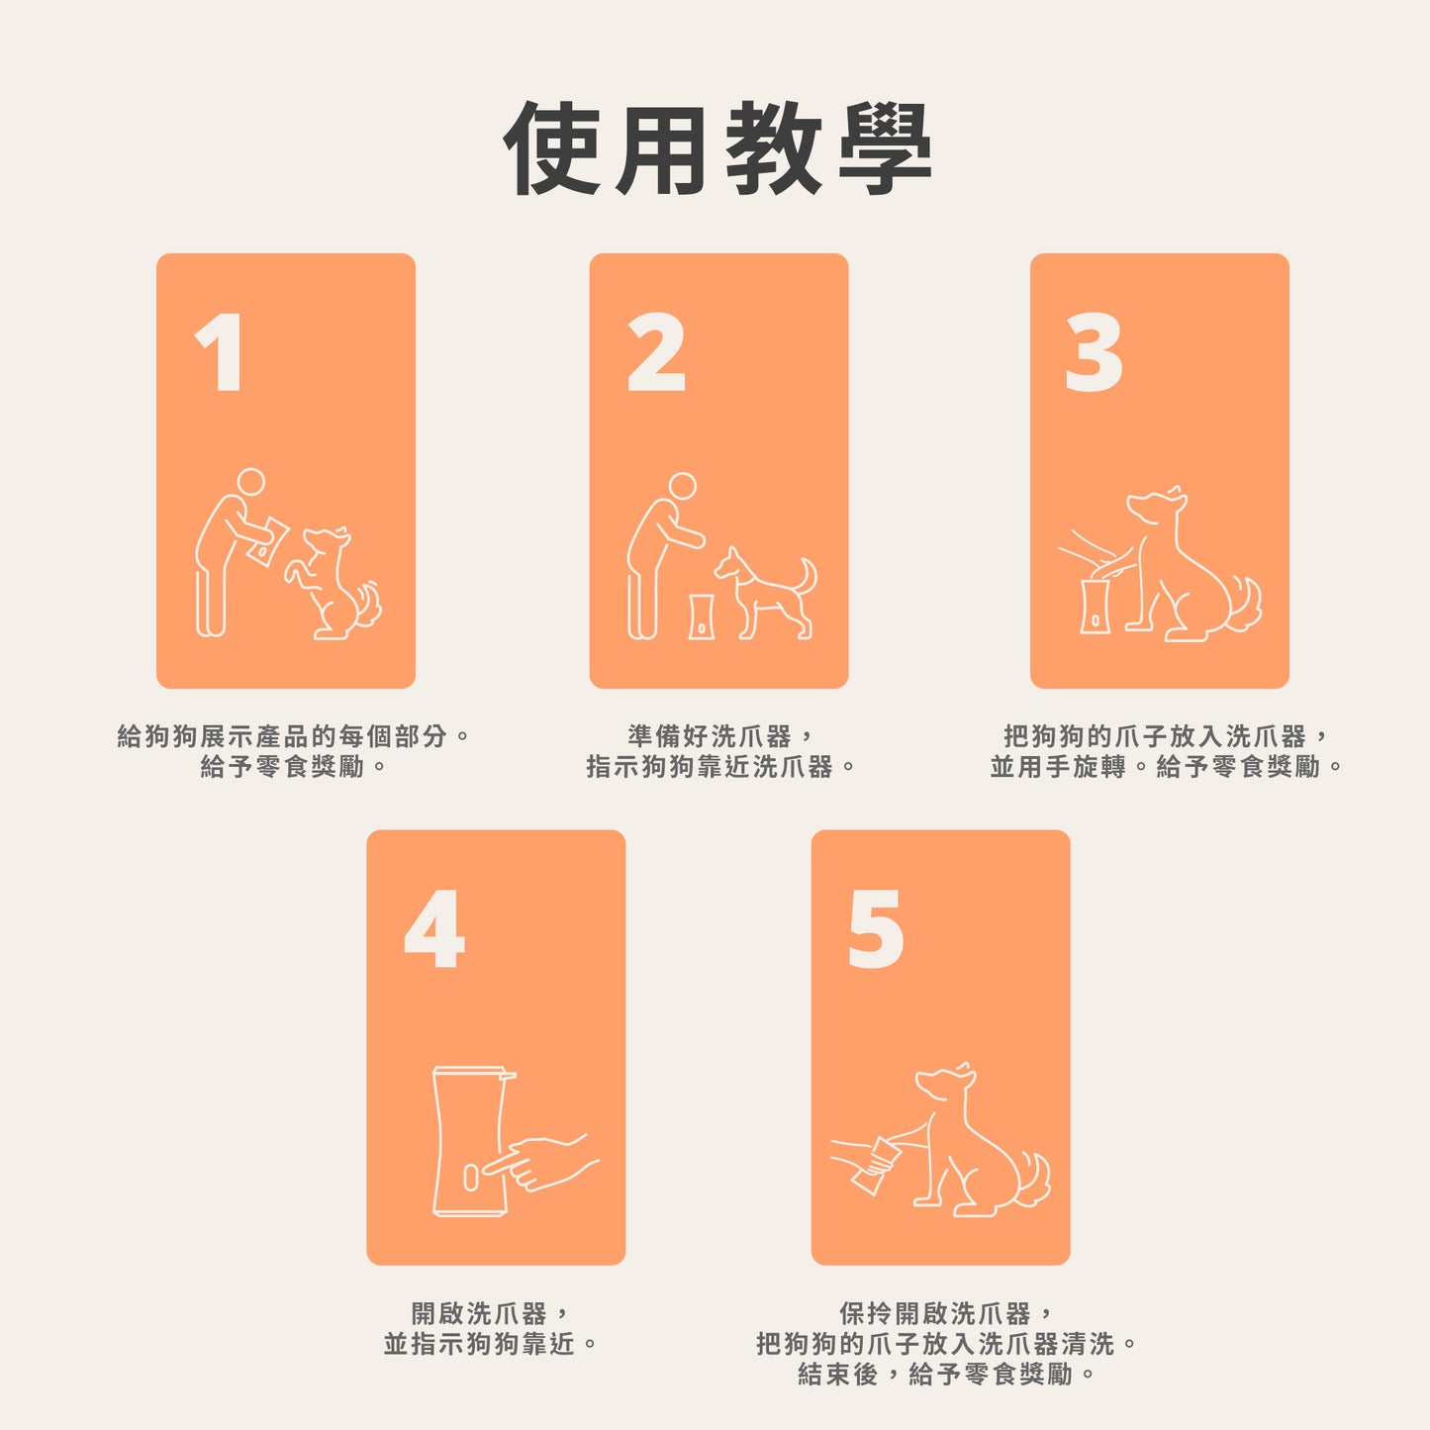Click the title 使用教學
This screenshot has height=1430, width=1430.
point(716,149)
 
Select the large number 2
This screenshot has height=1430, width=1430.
point(656,352)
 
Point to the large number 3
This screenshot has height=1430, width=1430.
point(1094,352)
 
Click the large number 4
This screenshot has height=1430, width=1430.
point(434,929)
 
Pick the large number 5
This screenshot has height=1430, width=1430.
point(876,929)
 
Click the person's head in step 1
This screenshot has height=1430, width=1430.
point(251,482)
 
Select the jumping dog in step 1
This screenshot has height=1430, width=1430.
point(332,584)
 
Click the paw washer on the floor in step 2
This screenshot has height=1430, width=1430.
point(702,617)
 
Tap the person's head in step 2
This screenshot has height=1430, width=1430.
point(682,486)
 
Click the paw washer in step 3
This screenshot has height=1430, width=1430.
point(1095,606)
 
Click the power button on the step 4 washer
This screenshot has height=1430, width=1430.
point(470,1177)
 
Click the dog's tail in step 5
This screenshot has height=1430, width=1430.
point(1032,1178)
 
